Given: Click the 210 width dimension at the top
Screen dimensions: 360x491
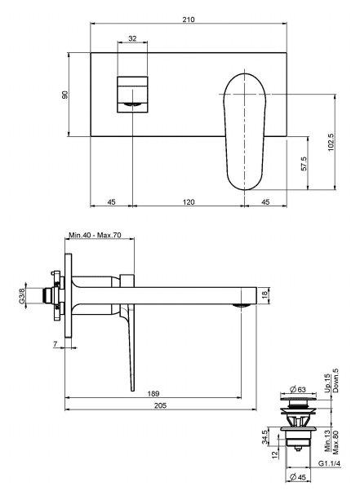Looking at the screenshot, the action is [189, 20].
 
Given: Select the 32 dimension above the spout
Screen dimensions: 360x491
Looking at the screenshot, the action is [132, 38].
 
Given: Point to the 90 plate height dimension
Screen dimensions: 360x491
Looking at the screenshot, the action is [64, 95].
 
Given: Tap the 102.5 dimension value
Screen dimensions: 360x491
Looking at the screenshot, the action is [331, 143].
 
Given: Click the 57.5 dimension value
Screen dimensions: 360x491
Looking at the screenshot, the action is [304, 163].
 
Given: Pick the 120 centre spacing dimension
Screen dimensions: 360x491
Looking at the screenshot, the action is [189, 202].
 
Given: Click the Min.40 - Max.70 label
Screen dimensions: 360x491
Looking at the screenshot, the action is [95, 235].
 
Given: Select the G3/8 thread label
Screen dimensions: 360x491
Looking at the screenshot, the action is [22, 296].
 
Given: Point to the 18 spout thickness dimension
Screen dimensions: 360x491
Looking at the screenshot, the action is [264, 294].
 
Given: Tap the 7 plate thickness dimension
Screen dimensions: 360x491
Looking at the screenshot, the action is [56, 344].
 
